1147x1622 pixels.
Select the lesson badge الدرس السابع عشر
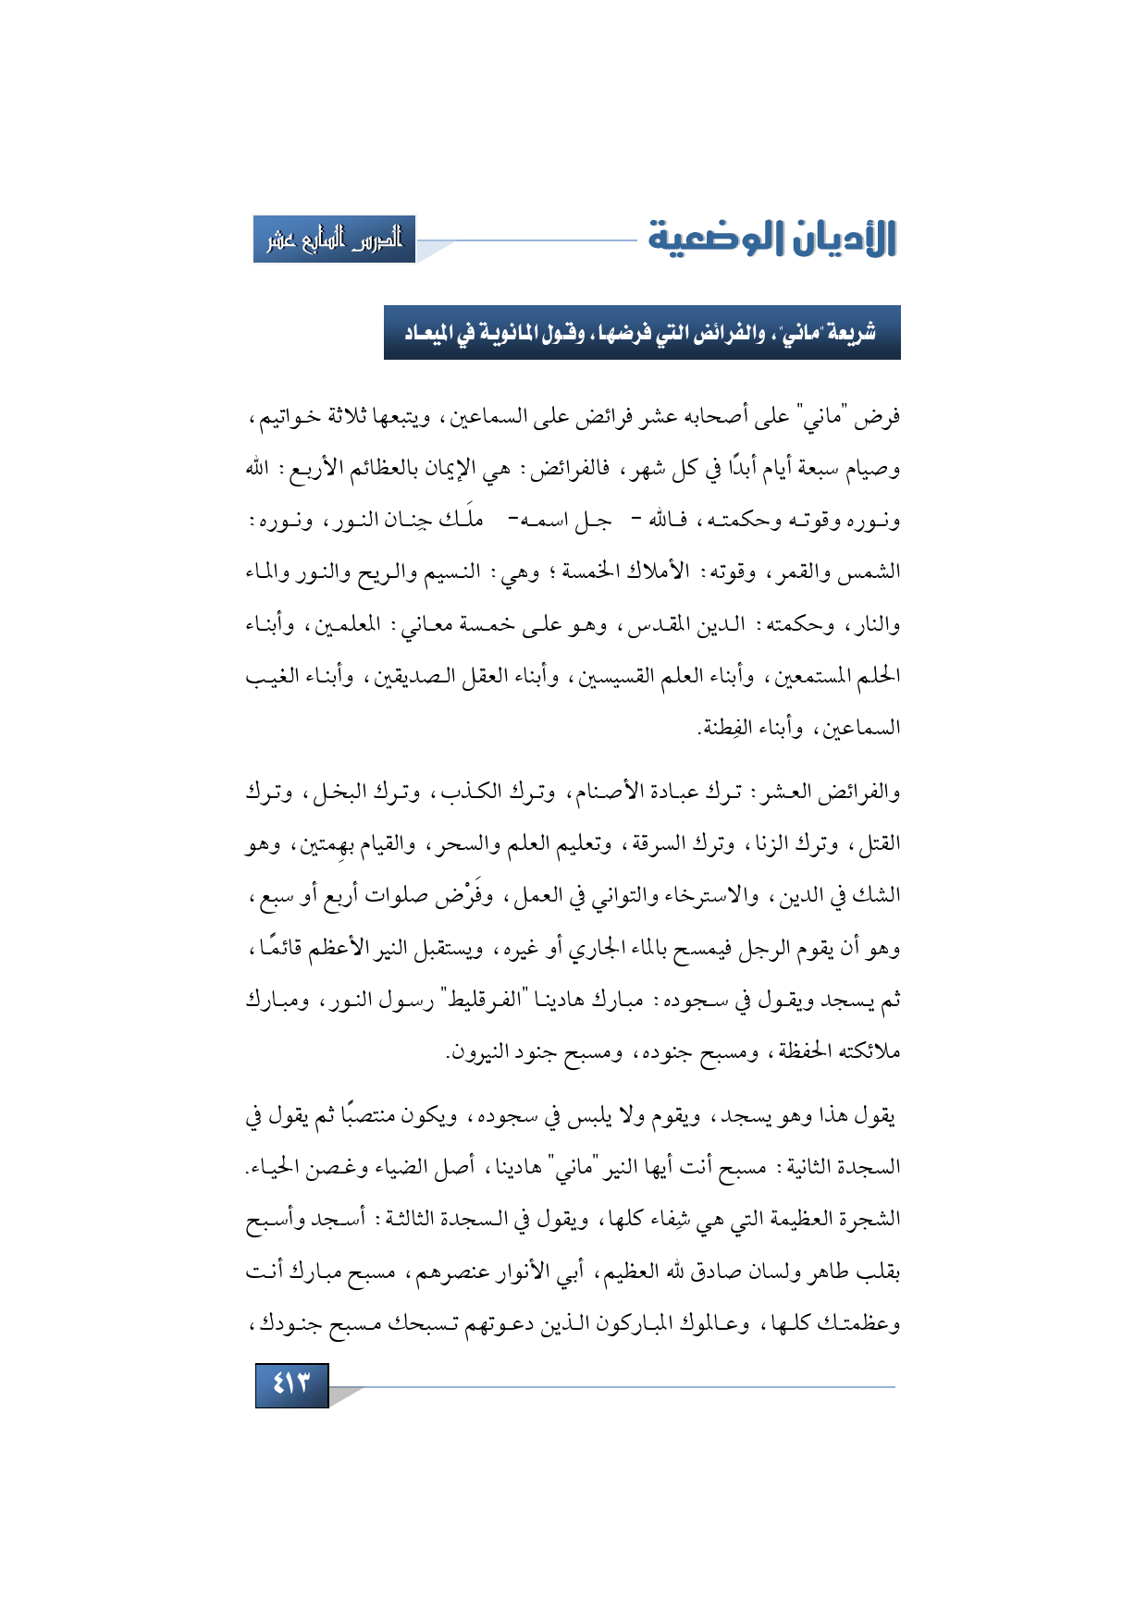[334, 240]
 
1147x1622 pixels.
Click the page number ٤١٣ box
[291, 1385]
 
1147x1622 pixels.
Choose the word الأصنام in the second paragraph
[600, 793]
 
